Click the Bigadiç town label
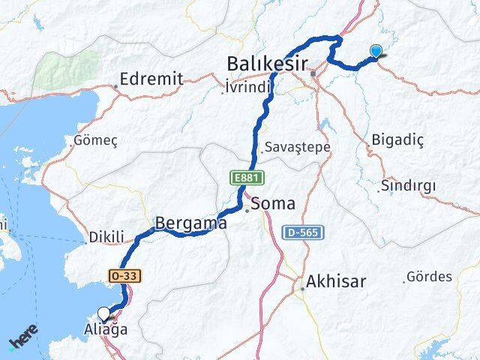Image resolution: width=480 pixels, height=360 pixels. pos(397,139)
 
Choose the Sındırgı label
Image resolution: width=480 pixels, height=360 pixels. pos(407,185)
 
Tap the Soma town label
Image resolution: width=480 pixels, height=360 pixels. pos(274,203)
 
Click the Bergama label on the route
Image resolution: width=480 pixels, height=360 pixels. pos(190,223)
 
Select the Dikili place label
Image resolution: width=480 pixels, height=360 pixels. pos(106,237)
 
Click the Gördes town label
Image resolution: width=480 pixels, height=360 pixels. pos(430,277)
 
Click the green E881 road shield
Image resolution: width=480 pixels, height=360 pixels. pos(242,178)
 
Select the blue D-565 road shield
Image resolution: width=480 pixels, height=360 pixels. pos(304,233)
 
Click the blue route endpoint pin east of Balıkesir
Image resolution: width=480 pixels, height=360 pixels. pos(376,51)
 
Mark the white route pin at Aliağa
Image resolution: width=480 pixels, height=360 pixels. pos(104,313)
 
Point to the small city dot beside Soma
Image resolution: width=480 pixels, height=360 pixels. pos(247,210)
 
